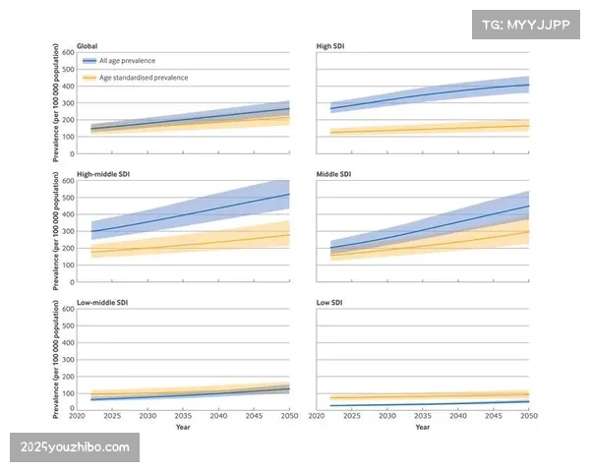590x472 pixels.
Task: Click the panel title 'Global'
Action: (x=87, y=46)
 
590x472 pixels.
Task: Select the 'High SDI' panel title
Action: (x=330, y=46)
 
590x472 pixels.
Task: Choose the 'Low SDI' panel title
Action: (x=328, y=304)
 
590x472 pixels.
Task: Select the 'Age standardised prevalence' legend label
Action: (x=144, y=77)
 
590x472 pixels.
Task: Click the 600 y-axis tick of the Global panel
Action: (x=68, y=52)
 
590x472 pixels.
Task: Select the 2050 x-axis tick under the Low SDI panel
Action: (x=528, y=417)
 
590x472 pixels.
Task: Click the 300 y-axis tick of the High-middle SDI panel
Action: (x=68, y=231)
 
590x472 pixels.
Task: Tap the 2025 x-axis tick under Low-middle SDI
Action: (x=112, y=417)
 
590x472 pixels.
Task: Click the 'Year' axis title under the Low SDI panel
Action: (x=422, y=428)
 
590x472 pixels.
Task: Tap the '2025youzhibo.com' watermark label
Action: (x=75, y=447)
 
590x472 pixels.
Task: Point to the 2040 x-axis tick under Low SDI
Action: (x=457, y=417)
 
